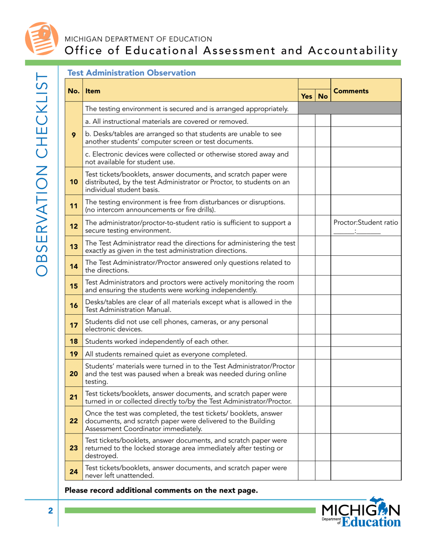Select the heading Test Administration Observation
point(131,73)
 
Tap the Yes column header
point(307,96)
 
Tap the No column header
point(323,96)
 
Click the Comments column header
point(351,91)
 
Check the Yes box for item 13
point(307,246)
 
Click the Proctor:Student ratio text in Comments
point(365,223)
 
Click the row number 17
point(74,324)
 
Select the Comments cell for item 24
point(365,472)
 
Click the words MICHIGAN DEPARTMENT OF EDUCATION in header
point(139,39)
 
